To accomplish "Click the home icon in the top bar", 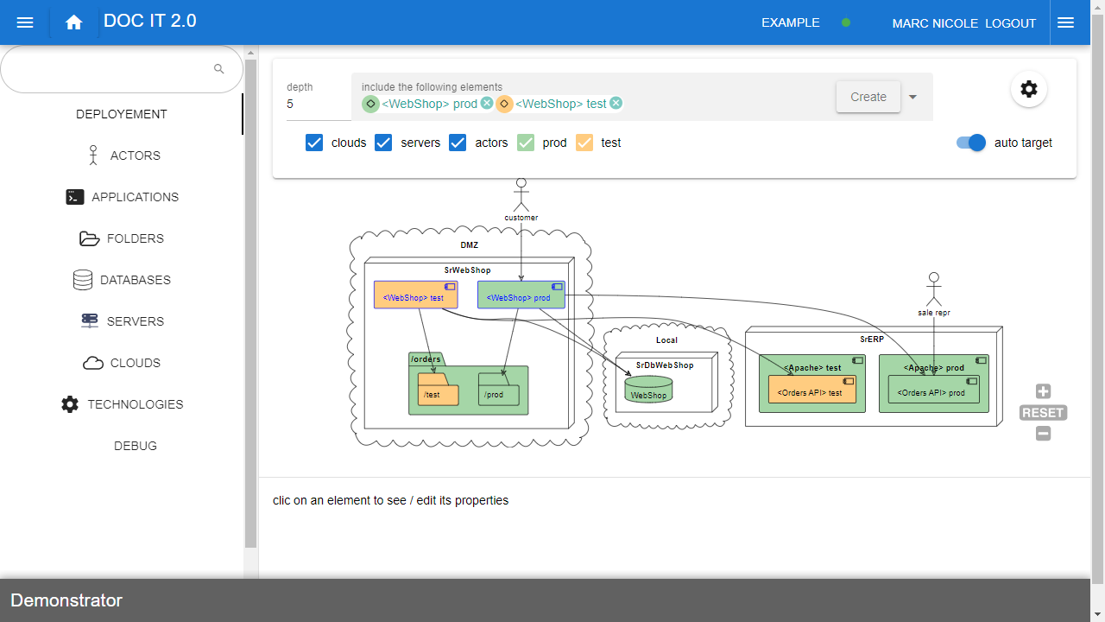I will point(73,22).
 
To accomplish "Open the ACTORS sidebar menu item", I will point(135,155).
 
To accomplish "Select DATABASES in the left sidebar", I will point(135,280).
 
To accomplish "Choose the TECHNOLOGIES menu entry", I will point(135,404).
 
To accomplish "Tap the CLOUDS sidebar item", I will point(135,363).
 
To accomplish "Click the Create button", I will point(868,97).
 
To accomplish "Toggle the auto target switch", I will point(971,143).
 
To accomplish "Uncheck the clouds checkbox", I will point(314,143).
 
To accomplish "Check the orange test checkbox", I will point(584,143).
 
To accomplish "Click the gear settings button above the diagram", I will point(1028,89).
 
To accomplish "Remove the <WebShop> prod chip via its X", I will point(487,104).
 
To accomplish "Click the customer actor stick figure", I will point(521,195).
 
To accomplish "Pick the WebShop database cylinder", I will point(648,390).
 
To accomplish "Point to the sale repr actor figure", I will point(933,289).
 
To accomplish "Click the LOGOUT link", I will point(1010,23).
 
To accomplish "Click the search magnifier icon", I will point(219,69).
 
